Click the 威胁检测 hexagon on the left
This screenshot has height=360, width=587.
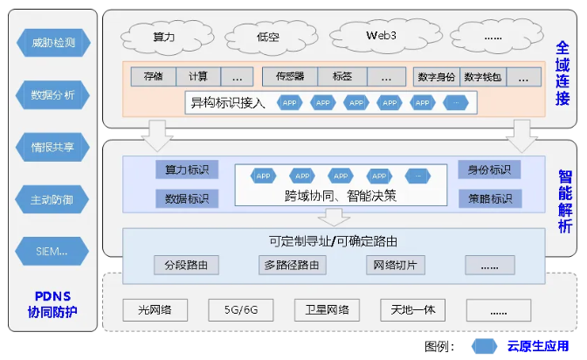53,42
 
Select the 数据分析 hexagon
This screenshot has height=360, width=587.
53,94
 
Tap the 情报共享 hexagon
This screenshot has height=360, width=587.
53,147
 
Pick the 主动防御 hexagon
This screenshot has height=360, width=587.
53,200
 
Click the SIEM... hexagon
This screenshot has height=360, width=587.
53,253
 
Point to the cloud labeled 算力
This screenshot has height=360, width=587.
164,37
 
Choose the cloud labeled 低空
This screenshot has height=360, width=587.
268,37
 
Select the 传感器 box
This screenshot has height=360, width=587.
289,76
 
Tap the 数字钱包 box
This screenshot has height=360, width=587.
482,76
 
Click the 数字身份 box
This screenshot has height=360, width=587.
436,76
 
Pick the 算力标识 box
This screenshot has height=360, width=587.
187,169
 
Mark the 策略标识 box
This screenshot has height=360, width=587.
489,198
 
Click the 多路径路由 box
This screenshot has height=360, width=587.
293,265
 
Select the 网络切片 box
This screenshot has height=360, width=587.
394,265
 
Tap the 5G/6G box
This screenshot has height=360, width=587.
240,310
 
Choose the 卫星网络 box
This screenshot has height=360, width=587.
327,310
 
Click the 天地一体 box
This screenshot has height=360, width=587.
413,310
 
